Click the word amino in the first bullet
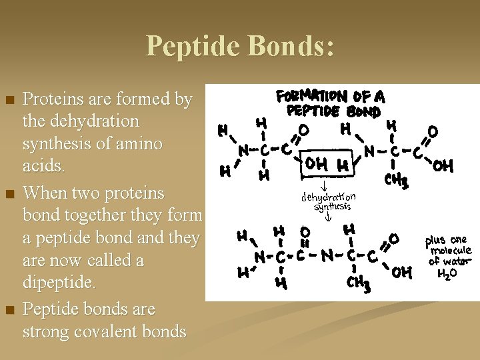click(139, 144)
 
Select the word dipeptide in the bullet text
click(59, 283)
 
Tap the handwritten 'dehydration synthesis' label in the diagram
click(328, 201)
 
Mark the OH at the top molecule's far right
click(443, 166)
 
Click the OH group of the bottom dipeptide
click(402, 271)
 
